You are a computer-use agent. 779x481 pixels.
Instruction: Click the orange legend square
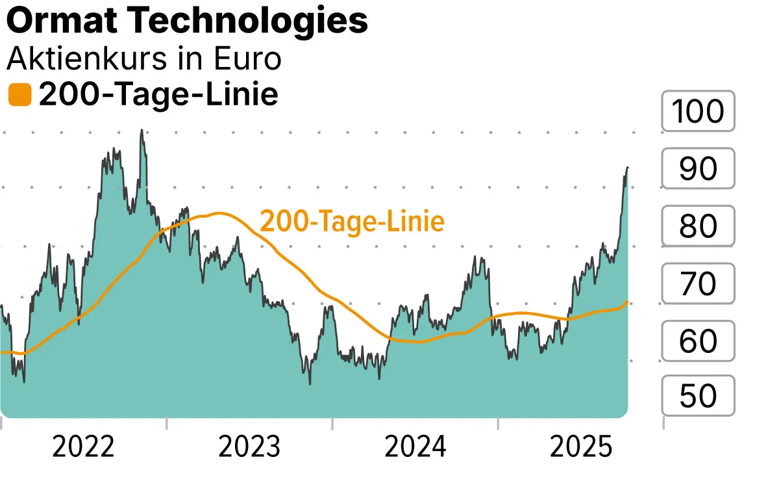[x=19, y=95]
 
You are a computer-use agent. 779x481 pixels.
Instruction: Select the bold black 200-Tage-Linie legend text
[x=158, y=95]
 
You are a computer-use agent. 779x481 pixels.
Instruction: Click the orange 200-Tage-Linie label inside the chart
[x=352, y=222]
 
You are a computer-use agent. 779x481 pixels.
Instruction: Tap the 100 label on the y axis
[x=698, y=112]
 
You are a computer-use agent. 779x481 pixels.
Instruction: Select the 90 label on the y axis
[x=698, y=169]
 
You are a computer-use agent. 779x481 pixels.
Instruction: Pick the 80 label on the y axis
[x=698, y=226]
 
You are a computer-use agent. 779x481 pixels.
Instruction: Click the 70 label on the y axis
[x=698, y=283]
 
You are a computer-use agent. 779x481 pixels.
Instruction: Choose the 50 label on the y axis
[x=698, y=396]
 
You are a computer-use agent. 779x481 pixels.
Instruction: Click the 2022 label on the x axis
[x=83, y=448]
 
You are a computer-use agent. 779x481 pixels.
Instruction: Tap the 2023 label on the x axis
[x=249, y=448]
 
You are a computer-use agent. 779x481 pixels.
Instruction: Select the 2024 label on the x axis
[x=415, y=448]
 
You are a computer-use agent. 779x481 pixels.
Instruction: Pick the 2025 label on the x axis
[x=581, y=448]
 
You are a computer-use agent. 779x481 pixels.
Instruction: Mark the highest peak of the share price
[x=142, y=130]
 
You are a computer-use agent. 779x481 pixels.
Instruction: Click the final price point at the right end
[x=628, y=168]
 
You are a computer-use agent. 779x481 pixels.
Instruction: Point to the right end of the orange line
[x=628, y=301]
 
